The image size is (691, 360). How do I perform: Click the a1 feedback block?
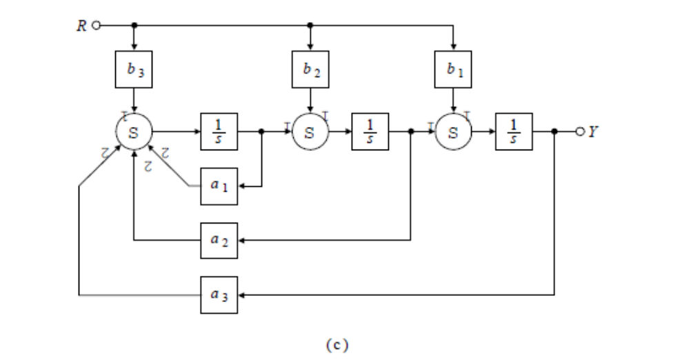pos(219,186)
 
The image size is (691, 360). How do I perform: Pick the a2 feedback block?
pos(219,241)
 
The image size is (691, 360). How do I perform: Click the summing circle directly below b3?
pos(134,131)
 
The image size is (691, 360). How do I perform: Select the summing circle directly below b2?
pos(310,131)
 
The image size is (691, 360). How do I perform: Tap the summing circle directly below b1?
pos(452,131)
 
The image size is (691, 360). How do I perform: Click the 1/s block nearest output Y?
pos(513,131)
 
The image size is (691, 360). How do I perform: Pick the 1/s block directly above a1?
pos(219,131)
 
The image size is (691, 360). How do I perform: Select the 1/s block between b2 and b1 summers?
pos(370,131)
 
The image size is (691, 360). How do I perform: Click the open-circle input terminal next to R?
pos(97,25)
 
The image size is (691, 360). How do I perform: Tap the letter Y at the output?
pos(592,131)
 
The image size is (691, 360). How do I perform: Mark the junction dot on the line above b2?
pos(310,25)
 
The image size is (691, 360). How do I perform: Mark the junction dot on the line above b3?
pos(134,25)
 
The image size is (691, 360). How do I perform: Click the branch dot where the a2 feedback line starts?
pos(411,131)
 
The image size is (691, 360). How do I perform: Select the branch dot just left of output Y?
pos(555,131)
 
